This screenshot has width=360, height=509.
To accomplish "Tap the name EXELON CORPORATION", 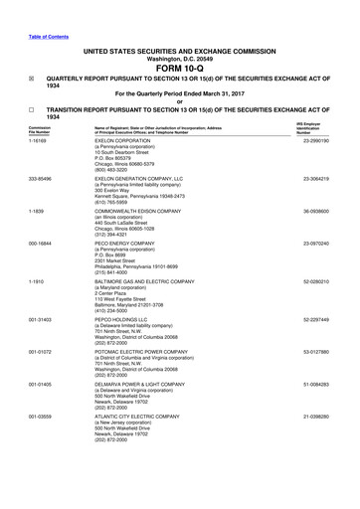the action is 122,142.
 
